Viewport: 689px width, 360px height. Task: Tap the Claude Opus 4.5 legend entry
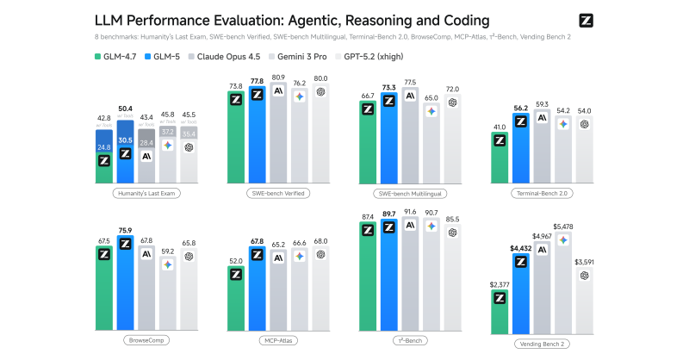click(x=250, y=57)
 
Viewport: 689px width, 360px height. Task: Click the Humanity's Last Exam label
click(x=146, y=194)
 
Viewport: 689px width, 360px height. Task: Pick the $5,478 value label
click(x=563, y=227)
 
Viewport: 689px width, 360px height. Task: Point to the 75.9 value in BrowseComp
click(x=125, y=230)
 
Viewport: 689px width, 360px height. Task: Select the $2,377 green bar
click(x=499, y=311)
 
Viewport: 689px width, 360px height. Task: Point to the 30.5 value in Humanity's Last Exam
click(x=125, y=140)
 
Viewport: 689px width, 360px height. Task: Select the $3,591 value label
click(x=585, y=262)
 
